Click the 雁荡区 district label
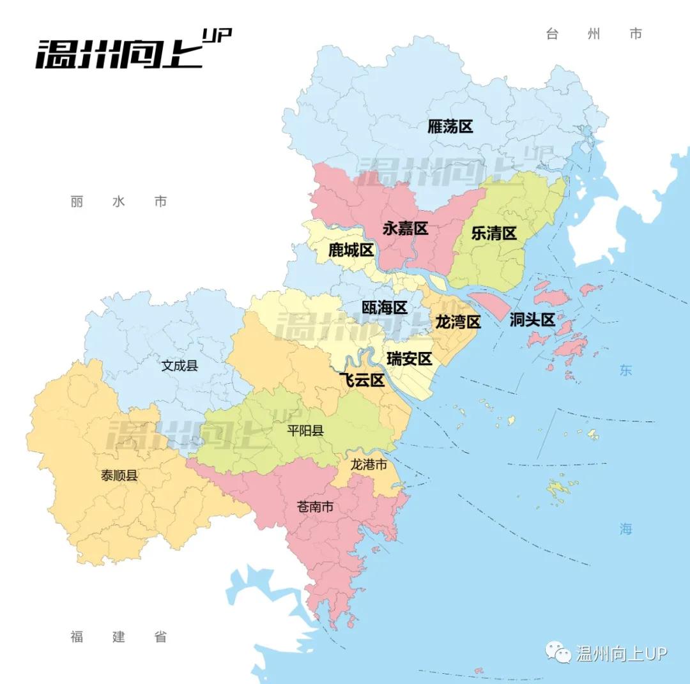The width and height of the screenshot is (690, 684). [x=450, y=126]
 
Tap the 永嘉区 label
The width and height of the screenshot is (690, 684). [x=405, y=228]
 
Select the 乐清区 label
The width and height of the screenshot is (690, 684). [x=494, y=233]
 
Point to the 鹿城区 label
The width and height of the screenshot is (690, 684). [x=351, y=250]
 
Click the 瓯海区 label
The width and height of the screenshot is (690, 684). [x=385, y=307]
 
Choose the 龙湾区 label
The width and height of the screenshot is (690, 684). [x=457, y=321]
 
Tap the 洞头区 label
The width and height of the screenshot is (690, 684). [x=532, y=320]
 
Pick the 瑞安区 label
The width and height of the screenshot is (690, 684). [x=410, y=358]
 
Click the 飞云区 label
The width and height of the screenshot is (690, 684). [x=362, y=380]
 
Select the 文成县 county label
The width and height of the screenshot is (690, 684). [x=180, y=366]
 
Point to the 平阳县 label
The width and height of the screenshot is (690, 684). [x=305, y=430]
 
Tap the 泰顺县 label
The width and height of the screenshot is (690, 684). [x=119, y=475]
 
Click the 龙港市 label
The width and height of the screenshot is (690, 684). [x=369, y=464]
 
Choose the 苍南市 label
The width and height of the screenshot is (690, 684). [x=316, y=507]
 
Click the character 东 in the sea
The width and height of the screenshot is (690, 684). [x=625, y=370]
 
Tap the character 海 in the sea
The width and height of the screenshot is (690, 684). [x=625, y=529]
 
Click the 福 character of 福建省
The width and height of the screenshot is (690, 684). [x=77, y=637]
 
